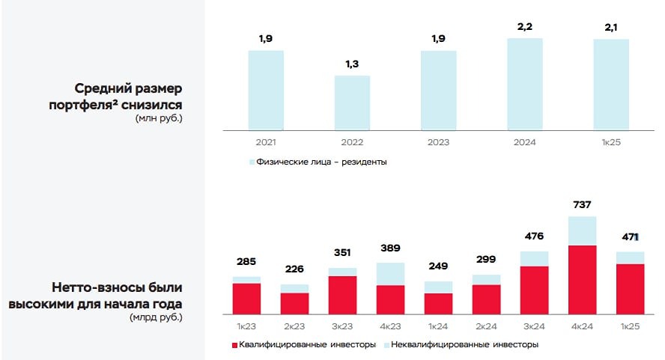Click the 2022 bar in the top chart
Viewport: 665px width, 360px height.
click(x=352, y=102)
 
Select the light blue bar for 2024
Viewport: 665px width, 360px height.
click(x=524, y=83)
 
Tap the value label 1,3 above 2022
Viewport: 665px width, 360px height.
click(x=352, y=64)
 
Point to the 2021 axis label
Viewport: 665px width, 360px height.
click(x=266, y=142)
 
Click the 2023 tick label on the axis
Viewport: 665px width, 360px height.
click(x=438, y=142)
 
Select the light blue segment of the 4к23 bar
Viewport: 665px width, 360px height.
click(x=390, y=273)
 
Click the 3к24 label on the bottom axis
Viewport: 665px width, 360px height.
click(x=534, y=326)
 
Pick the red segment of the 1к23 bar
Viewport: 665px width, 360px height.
click(x=246, y=298)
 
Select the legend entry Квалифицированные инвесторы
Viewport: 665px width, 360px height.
click(x=303, y=344)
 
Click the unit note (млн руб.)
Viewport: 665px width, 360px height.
click(x=158, y=118)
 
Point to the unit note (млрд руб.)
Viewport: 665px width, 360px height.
click(x=156, y=317)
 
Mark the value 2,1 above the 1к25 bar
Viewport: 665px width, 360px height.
click(x=610, y=28)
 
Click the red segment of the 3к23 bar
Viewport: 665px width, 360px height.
click(x=342, y=294)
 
